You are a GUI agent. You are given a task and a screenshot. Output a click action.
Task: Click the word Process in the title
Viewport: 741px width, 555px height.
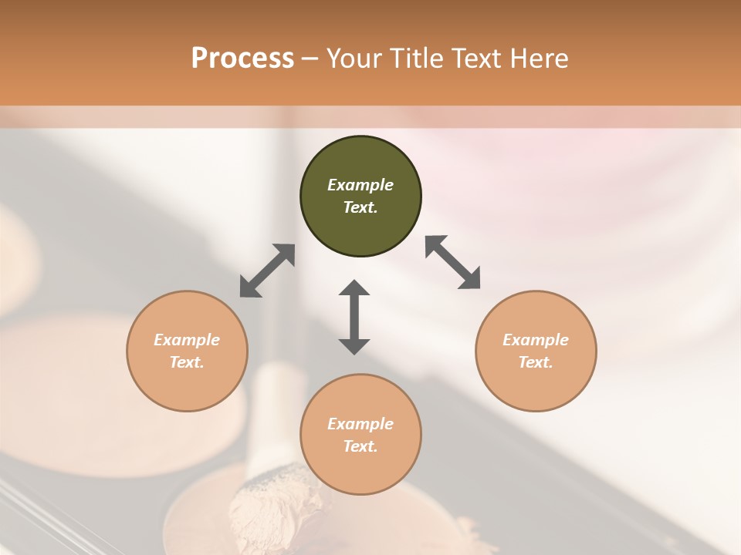(242, 59)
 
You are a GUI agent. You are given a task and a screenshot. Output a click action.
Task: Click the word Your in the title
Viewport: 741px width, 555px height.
(355, 59)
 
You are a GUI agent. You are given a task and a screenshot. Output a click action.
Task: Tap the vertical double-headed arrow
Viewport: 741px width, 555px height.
(354, 317)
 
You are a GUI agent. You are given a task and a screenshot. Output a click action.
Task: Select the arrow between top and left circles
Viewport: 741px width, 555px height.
(267, 271)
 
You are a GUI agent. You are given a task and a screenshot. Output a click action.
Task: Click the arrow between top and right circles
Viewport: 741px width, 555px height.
(453, 262)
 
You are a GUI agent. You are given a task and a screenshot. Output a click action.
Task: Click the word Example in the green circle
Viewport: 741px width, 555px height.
(360, 185)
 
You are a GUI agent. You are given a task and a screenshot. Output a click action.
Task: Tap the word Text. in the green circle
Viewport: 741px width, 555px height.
(360, 207)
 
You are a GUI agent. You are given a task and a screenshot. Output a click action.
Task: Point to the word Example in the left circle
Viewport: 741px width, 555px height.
(187, 340)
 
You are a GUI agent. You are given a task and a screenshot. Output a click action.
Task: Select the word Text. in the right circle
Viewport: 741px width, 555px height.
(536, 362)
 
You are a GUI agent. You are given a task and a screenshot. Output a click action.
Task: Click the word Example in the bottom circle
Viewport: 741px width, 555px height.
(360, 424)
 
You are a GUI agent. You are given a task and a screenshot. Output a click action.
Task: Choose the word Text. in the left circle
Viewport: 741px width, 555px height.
(187, 362)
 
